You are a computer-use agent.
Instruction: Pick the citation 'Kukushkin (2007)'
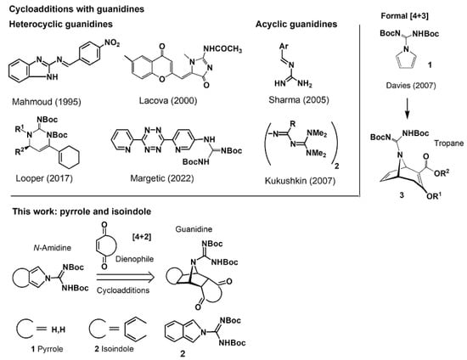(x=301, y=181)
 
